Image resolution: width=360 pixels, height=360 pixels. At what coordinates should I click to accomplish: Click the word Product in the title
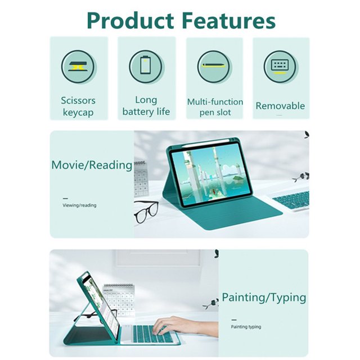pyautogui.click(x=130, y=20)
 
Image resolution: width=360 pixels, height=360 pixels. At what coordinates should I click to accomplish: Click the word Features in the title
pyautogui.click(x=229, y=20)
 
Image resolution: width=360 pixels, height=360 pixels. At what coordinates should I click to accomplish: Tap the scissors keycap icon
pyautogui.click(x=78, y=66)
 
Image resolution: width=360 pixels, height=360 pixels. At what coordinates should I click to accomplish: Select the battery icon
pyautogui.click(x=146, y=66)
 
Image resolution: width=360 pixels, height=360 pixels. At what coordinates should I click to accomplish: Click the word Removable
pyautogui.click(x=280, y=106)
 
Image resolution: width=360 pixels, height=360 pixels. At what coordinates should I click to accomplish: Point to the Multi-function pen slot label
pyautogui.click(x=215, y=107)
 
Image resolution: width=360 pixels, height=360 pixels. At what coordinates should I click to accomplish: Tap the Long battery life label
pyautogui.click(x=146, y=106)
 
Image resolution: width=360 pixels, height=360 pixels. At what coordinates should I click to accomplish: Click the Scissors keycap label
pyautogui.click(x=78, y=106)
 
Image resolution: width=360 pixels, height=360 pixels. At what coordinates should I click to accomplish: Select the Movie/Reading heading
pyautogui.click(x=92, y=165)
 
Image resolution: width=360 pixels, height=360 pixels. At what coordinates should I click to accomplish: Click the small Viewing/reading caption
pyautogui.click(x=79, y=205)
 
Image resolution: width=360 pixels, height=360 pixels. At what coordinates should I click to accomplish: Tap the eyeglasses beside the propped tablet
pyautogui.click(x=146, y=211)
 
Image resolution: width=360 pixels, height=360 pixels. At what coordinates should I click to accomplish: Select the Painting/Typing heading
pyautogui.click(x=264, y=298)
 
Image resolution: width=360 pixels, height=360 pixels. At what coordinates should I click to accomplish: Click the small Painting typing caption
pyautogui.click(x=246, y=327)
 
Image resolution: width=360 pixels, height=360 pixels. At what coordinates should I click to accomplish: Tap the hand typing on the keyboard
pyautogui.click(x=184, y=327)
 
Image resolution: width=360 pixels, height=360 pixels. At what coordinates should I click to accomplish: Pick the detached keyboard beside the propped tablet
pyautogui.click(x=290, y=200)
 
